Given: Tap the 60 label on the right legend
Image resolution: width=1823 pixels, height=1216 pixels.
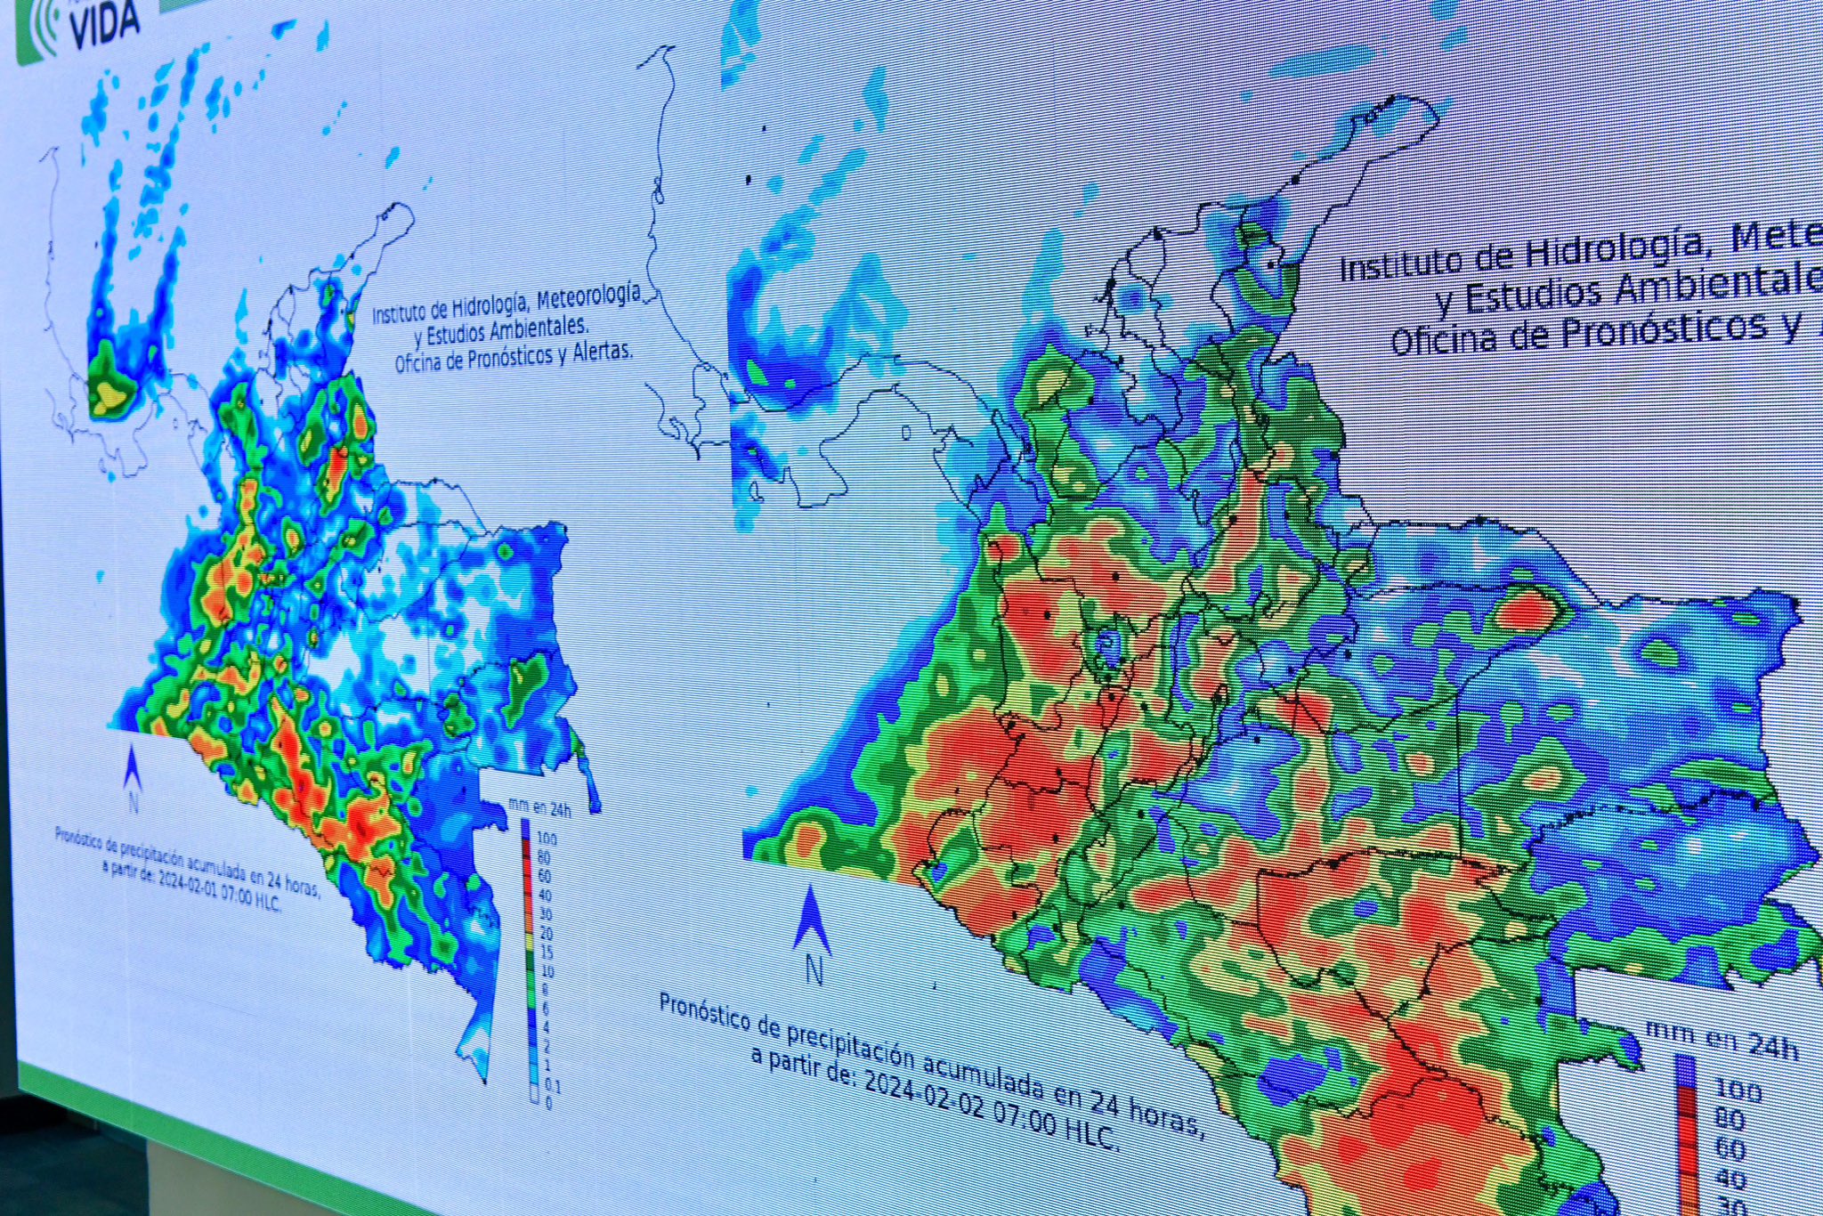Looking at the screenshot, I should coord(1729,1149).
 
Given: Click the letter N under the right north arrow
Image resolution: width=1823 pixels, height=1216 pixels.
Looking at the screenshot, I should coord(814,969).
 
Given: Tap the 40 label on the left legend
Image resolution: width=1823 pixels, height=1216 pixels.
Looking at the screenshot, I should coord(545,895).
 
